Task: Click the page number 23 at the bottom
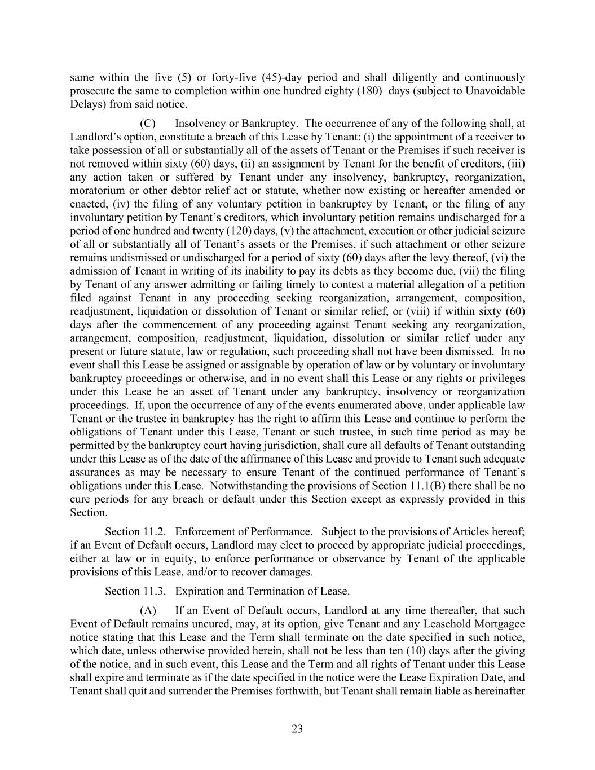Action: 297,729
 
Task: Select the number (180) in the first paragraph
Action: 370,91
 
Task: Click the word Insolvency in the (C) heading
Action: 198,124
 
